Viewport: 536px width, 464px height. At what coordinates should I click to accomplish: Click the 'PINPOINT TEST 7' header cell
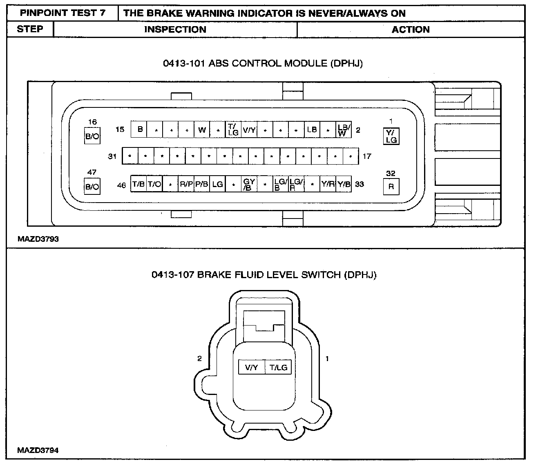[x=63, y=13]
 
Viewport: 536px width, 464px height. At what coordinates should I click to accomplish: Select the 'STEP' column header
[x=30, y=29]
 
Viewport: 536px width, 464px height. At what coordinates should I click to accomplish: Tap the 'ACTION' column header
[x=411, y=29]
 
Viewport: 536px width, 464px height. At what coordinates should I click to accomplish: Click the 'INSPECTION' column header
[x=175, y=29]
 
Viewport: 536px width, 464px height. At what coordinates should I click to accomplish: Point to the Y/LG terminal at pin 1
[x=391, y=136]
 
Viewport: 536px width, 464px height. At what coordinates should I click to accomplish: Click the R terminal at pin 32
[x=391, y=187]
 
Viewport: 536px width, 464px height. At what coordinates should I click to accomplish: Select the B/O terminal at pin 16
[x=92, y=136]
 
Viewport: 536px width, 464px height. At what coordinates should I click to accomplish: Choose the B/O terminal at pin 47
[x=92, y=186]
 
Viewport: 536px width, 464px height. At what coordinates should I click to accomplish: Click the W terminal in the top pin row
[x=202, y=129]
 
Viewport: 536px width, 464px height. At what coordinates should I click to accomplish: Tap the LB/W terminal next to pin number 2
[x=344, y=129]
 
